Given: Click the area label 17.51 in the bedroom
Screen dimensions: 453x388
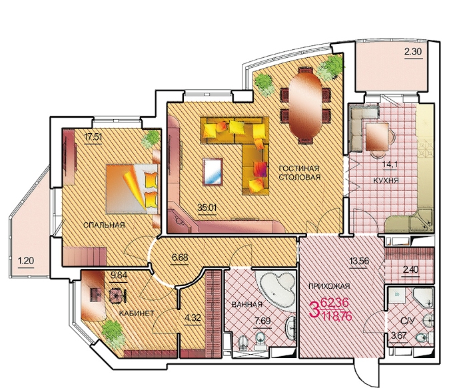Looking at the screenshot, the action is pyautogui.click(x=93, y=136).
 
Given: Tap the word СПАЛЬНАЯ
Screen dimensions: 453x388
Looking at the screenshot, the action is pyautogui.click(x=104, y=225).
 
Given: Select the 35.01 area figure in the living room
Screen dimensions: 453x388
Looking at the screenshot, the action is pyautogui.click(x=207, y=207).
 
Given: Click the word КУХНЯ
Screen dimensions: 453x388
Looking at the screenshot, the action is pyautogui.click(x=386, y=181).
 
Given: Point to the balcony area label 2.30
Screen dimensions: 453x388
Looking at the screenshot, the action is pyautogui.click(x=413, y=52).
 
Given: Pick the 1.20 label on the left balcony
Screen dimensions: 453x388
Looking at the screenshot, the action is pyautogui.click(x=26, y=261).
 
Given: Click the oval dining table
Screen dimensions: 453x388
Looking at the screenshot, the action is pyautogui.click(x=305, y=105).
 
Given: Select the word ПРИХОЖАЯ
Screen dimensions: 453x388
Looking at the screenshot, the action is pyautogui.click(x=329, y=286).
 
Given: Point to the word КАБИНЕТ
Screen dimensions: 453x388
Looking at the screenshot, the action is pyautogui.click(x=137, y=313).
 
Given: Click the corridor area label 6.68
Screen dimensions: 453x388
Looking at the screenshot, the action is pyautogui.click(x=180, y=257).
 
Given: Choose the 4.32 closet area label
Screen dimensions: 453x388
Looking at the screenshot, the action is pyautogui.click(x=193, y=317).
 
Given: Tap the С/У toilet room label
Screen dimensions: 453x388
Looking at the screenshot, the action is pyautogui.click(x=408, y=321).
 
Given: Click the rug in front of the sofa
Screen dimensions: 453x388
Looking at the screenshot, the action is pyautogui.click(x=213, y=172).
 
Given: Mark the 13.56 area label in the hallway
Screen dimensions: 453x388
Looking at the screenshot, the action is pyautogui.click(x=360, y=262).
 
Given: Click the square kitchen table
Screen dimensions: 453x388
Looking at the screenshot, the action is pyautogui.click(x=377, y=137).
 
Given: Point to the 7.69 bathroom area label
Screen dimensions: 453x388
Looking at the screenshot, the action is pyautogui.click(x=262, y=321).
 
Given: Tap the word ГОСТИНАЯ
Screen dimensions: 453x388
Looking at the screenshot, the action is pyautogui.click(x=299, y=168).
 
